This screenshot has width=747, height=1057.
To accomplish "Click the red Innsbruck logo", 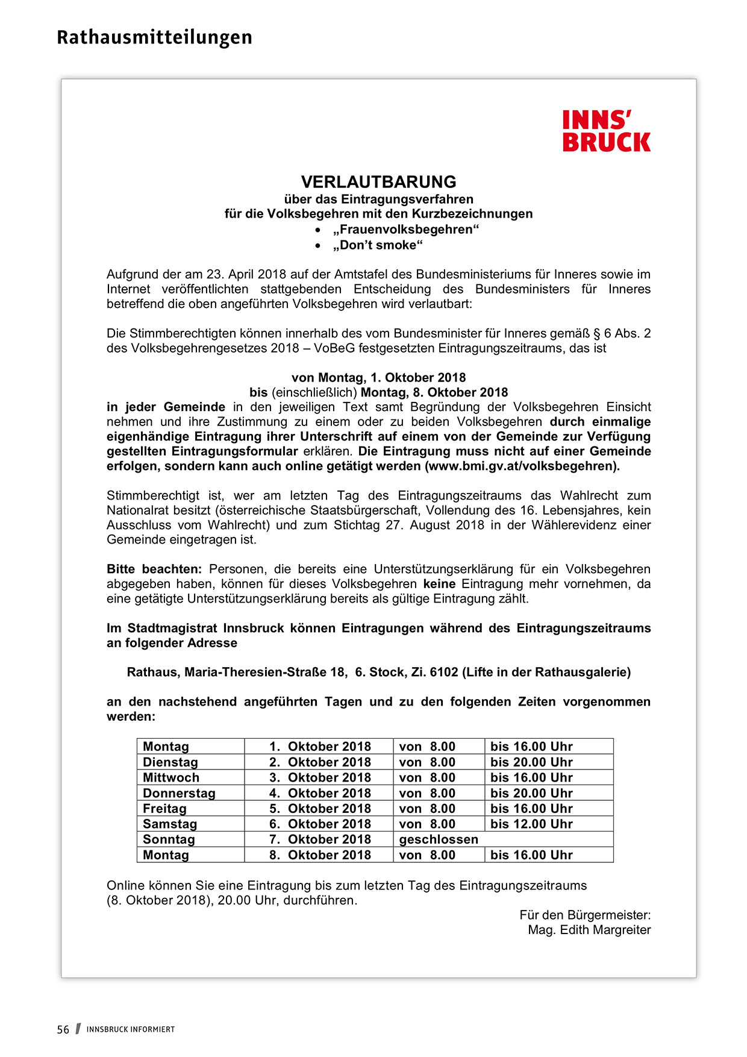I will pyautogui.click(x=606, y=131).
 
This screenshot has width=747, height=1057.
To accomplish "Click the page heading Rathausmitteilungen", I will pyautogui.click(x=154, y=37).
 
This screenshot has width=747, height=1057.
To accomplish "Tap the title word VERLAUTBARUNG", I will pyautogui.click(x=378, y=182).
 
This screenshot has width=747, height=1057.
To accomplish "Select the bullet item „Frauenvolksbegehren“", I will pyautogui.click(x=405, y=230).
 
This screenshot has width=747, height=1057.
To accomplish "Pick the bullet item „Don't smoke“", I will pyautogui.click(x=378, y=245).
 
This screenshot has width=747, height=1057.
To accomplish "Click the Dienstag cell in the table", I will pyautogui.click(x=170, y=762).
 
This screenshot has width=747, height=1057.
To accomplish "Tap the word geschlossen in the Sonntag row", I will pyautogui.click(x=439, y=839).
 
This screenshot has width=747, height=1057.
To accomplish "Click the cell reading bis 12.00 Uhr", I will pyautogui.click(x=531, y=824).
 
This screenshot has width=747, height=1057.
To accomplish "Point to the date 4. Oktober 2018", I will pyautogui.click(x=320, y=794).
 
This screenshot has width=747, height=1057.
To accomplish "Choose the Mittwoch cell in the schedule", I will pyautogui.click(x=171, y=778).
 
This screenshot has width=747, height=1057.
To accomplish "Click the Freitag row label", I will pyautogui.click(x=164, y=809).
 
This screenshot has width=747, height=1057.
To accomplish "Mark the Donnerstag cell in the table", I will pyautogui.click(x=179, y=794).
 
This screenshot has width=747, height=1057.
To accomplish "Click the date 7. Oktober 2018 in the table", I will pyautogui.click(x=320, y=839).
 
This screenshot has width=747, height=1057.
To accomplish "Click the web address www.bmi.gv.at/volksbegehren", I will pyautogui.click(x=522, y=466).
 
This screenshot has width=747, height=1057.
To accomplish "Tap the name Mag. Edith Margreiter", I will pyautogui.click(x=589, y=930).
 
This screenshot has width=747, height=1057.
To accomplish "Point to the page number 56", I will pyautogui.click(x=63, y=1030).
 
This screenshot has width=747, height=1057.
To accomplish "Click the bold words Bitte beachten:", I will pyautogui.click(x=154, y=569).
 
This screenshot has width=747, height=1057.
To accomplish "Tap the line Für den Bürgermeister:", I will pyautogui.click(x=585, y=915).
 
